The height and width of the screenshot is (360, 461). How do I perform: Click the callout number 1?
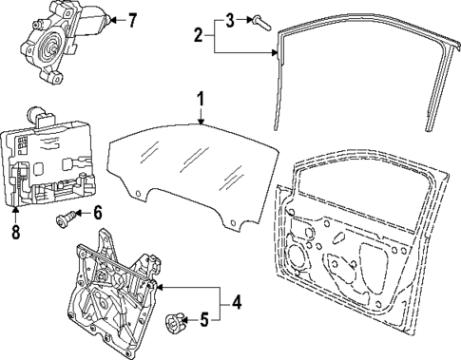click(201, 99)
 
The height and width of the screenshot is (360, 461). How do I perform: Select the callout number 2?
click(197, 36)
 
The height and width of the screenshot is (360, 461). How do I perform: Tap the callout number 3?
click(229, 19)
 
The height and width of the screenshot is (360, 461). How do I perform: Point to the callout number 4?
click(237, 304)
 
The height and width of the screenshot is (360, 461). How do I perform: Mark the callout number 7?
click(132, 18)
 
